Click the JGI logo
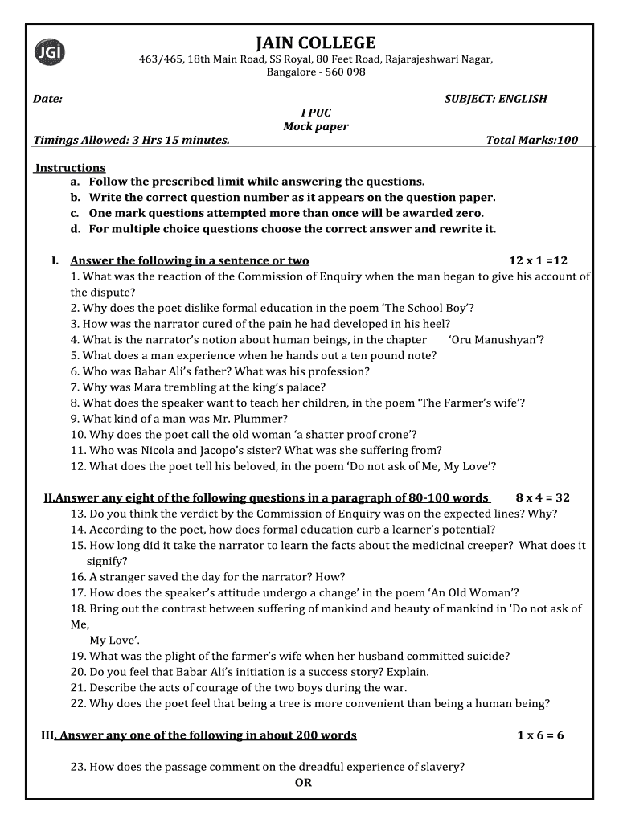pyautogui.click(x=50, y=52)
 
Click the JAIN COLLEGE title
pyautogui.click(x=315, y=43)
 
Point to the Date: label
pyautogui.click(x=47, y=99)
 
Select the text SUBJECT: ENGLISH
pyautogui.click(x=495, y=99)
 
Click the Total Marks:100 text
pyautogui.click(x=531, y=140)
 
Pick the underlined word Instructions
pyautogui.click(x=70, y=167)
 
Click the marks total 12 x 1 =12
pyautogui.click(x=538, y=260)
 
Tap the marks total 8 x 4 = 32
pyautogui.click(x=543, y=497)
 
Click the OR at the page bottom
pyautogui.click(x=303, y=782)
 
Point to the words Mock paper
pyautogui.click(x=315, y=126)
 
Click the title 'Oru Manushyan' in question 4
pyautogui.click(x=496, y=339)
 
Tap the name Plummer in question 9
pyautogui.click(x=260, y=419)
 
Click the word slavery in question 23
pyautogui.click(x=441, y=767)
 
